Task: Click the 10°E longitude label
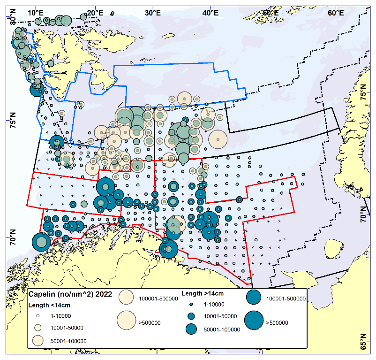36,10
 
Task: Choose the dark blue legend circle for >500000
254,322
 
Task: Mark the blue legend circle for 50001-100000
191,329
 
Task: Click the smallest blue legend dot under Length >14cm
191,305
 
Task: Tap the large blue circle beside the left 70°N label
41,243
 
